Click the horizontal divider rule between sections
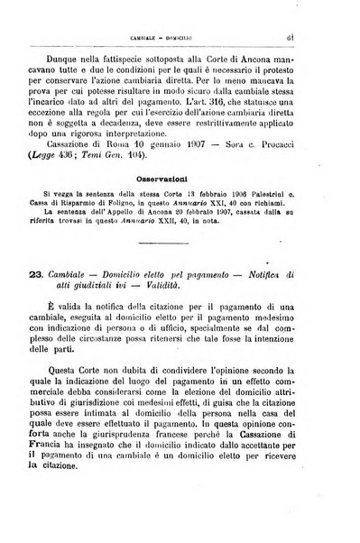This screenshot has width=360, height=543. point(180,269)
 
